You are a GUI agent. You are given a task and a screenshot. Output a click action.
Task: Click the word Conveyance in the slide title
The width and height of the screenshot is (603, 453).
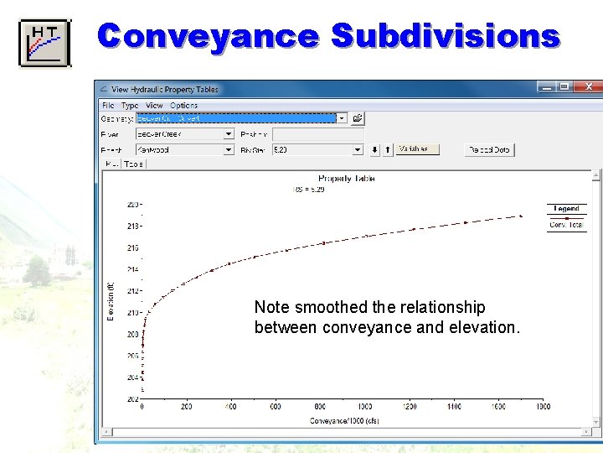(208, 37)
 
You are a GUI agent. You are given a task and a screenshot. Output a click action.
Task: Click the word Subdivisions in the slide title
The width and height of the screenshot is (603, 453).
(445, 37)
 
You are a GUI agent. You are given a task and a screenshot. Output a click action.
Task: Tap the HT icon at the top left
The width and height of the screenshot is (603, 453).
(45, 42)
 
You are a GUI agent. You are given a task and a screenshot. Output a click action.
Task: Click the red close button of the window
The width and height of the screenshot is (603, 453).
(589, 86)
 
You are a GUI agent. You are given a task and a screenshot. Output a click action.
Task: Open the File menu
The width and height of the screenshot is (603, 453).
(108, 106)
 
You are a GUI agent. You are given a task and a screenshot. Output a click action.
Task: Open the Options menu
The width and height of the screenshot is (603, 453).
(183, 106)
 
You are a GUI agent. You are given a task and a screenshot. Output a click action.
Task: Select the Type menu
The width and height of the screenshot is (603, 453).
(130, 106)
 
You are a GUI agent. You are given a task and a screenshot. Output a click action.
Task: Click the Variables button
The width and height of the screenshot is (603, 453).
(417, 149)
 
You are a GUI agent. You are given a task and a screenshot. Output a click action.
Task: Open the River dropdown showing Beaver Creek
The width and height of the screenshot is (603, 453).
(229, 133)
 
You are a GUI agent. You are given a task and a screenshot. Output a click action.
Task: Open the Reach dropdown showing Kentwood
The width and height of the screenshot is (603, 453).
(229, 149)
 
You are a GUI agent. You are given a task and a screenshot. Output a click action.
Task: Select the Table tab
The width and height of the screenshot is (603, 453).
(134, 164)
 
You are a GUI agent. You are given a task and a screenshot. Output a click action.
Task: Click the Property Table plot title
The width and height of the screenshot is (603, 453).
(346, 179)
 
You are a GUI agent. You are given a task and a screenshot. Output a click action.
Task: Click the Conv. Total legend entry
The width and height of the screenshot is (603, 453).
(567, 224)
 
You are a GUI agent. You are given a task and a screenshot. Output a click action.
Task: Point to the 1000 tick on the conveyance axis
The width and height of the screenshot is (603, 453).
(365, 407)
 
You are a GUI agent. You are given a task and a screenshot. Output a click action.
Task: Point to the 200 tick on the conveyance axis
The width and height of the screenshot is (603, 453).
(186, 407)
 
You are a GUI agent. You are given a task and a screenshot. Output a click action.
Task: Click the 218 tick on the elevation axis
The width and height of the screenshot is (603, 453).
(133, 226)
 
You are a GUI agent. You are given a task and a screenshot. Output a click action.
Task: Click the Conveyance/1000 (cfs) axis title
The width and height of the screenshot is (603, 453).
(344, 420)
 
